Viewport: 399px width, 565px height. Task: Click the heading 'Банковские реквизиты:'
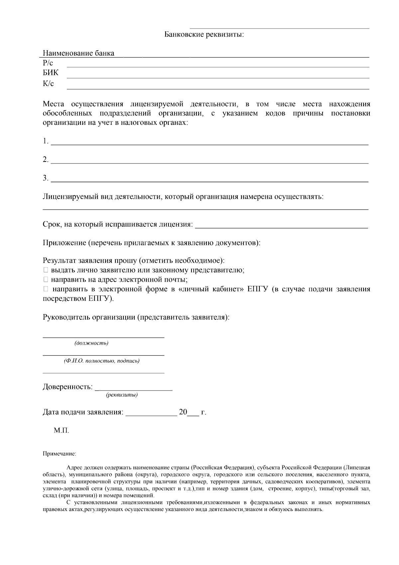click(204, 34)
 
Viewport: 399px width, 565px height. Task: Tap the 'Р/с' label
click(48, 63)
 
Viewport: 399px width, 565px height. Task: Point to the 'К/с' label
click(48, 84)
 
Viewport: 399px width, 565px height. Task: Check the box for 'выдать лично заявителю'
click(46, 270)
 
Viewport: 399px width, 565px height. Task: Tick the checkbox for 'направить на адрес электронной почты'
click(46, 279)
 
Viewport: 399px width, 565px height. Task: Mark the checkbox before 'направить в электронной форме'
click(46, 289)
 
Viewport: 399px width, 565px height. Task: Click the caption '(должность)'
click(91, 343)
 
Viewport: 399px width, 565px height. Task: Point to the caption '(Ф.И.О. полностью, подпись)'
click(102, 361)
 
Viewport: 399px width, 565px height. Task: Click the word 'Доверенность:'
click(67, 387)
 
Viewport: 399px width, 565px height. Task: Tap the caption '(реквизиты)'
click(122, 395)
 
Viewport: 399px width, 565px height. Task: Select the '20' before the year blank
click(183, 412)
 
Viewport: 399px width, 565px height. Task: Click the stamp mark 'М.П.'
click(62, 430)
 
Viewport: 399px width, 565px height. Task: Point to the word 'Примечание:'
click(59, 453)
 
